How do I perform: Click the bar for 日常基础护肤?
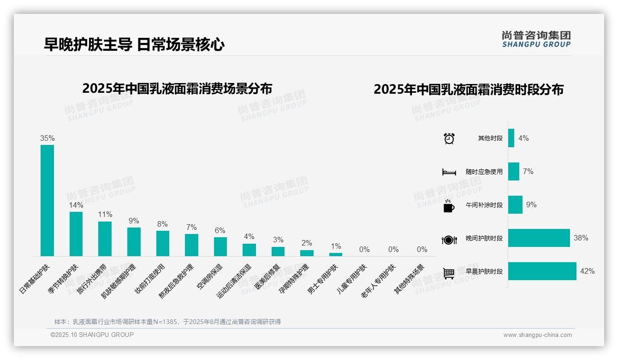[x=47, y=200]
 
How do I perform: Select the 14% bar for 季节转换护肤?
[x=76, y=234]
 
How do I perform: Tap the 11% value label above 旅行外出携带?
[x=105, y=215]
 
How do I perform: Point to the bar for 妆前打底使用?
[x=163, y=243]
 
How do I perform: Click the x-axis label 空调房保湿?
[x=210, y=277]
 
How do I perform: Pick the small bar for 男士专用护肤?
[x=336, y=254]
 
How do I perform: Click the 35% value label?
[x=47, y=138]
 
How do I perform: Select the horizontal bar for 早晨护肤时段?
[x=542, y=271]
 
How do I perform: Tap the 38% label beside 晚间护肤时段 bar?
[x=581, y=238]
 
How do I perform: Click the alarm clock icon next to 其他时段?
[x=449, y=138]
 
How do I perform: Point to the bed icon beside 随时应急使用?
[x=449, y=172]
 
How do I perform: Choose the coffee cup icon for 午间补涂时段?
[x=449, y=206]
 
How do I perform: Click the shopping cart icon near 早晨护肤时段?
[x=449, y=273]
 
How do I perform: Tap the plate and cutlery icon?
[x=449, y=240]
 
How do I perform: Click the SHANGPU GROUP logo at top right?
[x=536, y=39]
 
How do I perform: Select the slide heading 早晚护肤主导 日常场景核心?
[x=134, y=44]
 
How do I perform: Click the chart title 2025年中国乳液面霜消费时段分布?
[x=469, y=90]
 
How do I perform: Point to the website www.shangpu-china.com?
[x=537, y=335]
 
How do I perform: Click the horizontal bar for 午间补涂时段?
[x=515, y=204]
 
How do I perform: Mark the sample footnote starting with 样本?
[x=167, y=322]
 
